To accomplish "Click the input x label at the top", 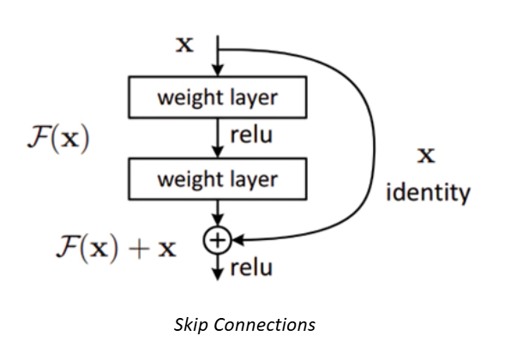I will [x=184, y=45].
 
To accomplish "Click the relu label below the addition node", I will [x=251, y=269].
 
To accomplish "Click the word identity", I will [x=428, y=192].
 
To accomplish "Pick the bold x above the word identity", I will [x=426, y=155].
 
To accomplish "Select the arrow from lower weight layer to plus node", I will [x=219, y=214].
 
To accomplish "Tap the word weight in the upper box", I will [x=183, y=99].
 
